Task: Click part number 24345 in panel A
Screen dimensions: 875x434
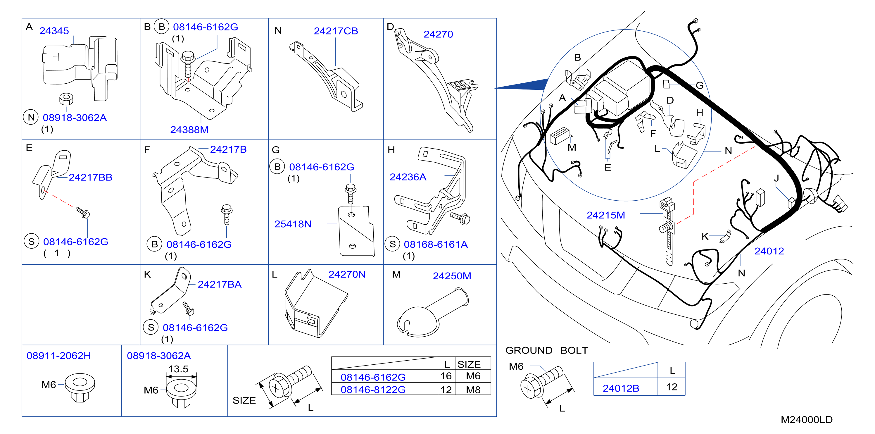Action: [x=54, y=31]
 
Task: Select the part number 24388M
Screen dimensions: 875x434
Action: [x=189, y=130]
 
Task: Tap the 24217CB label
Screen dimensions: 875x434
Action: [x=336, y=31]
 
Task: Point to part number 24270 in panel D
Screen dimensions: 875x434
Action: [x=438, y=34]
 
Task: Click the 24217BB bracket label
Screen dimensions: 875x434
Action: [x=90, y=178]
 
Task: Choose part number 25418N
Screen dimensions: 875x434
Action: [x=293, y=224]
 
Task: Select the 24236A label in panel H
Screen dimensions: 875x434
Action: [x=408, y=177]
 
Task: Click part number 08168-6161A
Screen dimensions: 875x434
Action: [x=436, y=244]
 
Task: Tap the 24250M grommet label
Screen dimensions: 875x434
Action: [x=452, y=276]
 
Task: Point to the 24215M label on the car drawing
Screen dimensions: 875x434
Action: [x=606, y=215]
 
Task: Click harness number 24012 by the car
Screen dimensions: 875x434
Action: [x=769, y=251]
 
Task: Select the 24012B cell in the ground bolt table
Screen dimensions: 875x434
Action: [x=621, y=388]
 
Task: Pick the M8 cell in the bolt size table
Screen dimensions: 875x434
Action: [x=473, y=390]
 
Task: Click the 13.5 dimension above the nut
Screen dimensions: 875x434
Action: [x=178, y=369]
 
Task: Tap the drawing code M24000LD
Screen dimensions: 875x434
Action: [x=806, y=420]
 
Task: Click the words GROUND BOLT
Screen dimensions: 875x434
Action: [x=546, y=350]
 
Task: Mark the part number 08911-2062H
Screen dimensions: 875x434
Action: [x=59, y=356]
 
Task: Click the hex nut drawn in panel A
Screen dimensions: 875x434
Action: [x=66, y=99]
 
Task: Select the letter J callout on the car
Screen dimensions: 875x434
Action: [x=776, y=178]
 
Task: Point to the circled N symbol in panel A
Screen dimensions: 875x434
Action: [x=31, y=118]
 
